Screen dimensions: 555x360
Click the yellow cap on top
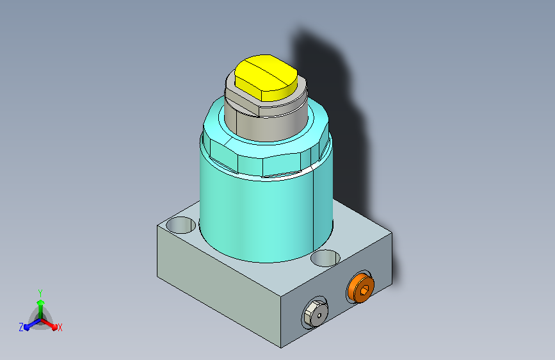click(266, 78)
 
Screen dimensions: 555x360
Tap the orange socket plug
click(360, 288)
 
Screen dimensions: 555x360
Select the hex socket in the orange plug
click(364, 291)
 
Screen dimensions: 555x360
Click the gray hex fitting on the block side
click(316, 313)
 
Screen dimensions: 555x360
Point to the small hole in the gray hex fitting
click(319, 315)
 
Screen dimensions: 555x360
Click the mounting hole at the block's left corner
click(181, 225)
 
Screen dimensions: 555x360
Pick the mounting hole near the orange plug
click(325, 258)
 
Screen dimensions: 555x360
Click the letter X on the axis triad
click(60, 327)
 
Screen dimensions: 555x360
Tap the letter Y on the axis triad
click(40, 293)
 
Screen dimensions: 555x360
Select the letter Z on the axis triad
click(21, 327)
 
